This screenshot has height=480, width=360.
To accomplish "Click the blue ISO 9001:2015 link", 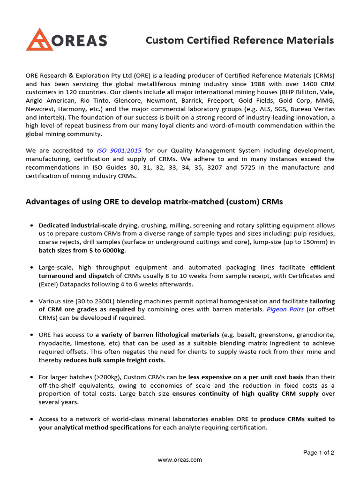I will pos(119,150).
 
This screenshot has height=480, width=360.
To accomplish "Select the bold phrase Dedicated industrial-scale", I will pos(78,225).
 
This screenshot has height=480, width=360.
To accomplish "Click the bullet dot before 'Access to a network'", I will pos(31,419).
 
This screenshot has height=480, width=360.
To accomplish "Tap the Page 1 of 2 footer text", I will pos(319,453).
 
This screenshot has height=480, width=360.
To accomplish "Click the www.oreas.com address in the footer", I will pos(180,460).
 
